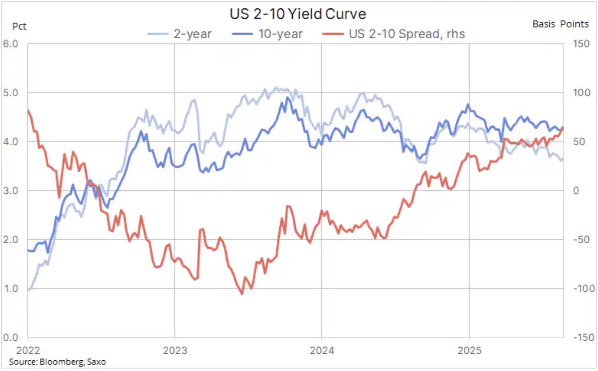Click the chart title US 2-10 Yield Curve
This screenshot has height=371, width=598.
point(298,14)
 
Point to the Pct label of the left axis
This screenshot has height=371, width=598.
point(19,26)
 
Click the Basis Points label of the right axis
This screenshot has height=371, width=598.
point(560,24)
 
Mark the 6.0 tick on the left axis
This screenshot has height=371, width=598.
point(11,44)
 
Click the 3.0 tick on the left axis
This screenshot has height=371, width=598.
point(11,191)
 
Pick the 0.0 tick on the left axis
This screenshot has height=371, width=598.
point(11,337)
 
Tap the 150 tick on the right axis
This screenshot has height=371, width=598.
point(581,44)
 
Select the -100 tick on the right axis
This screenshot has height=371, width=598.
point(584,289)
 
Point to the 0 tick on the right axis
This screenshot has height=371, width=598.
point(576,191)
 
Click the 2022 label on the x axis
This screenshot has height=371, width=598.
point(28,350)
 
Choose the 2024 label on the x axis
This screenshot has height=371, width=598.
point(322,350)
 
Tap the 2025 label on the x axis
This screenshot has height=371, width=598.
point(469,350)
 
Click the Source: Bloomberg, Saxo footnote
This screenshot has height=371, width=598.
point(57,362)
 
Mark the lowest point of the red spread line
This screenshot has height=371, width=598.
point(242,294)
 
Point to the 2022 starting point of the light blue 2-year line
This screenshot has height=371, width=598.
point(28,290)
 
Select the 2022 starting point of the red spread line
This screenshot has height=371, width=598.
point(28,110)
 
